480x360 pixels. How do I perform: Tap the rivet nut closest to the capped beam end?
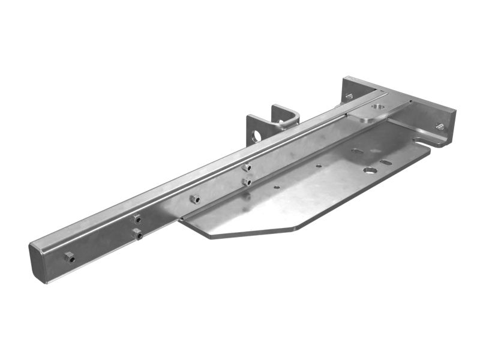coord(70,257)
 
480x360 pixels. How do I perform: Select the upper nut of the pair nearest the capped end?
coord(137,219)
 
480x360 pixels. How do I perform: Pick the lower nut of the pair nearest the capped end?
coord(139,235)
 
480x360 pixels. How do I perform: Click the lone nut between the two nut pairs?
coord(194,198)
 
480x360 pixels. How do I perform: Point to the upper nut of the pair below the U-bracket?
coord(246,168)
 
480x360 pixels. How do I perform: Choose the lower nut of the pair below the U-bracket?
coord(247,181)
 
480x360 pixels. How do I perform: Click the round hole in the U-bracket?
coord(257,136)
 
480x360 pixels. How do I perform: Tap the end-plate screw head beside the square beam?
coord(349,96)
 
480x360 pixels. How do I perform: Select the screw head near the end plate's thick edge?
coord(439,126)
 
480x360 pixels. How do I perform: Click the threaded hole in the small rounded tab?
coord(377,107)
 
